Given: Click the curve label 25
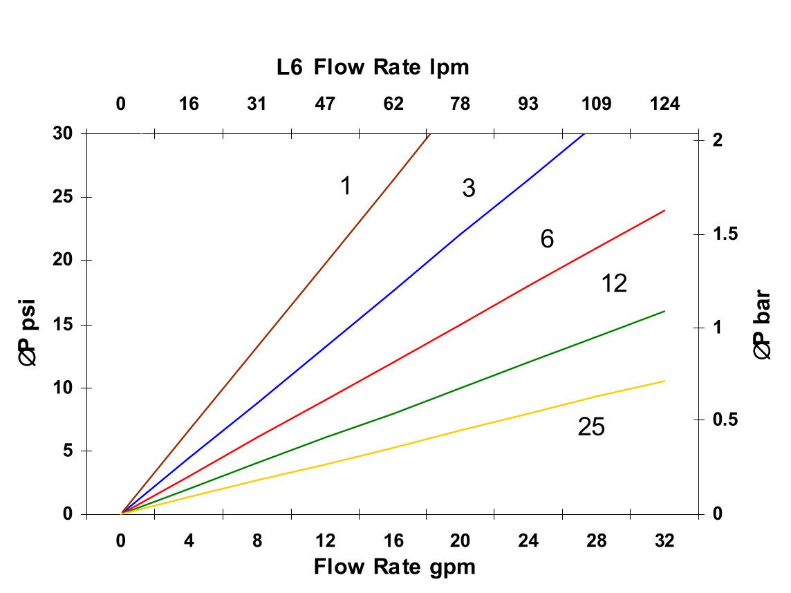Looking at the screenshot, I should (x=591, y=428).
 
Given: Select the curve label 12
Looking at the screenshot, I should (x=614, y=283).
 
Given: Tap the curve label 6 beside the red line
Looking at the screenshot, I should (x=547, y=240).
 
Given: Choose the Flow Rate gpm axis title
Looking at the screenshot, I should (x=394, y=567).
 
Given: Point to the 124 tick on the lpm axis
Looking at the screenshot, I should (x=665, y=104).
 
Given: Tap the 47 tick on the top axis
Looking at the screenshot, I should (x=325, y=104).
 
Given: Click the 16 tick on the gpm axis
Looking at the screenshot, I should (x=393, y=542).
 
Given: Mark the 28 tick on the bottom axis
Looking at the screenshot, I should (x=597, y=542).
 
